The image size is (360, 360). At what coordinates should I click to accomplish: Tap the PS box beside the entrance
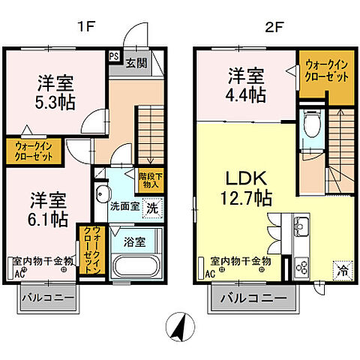tap(114, 55)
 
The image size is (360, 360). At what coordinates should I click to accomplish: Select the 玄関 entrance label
tap(135, 61)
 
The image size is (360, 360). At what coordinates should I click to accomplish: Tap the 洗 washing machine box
tap(151, 207)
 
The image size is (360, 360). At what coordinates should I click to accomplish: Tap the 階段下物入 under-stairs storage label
tap(150, 180)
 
